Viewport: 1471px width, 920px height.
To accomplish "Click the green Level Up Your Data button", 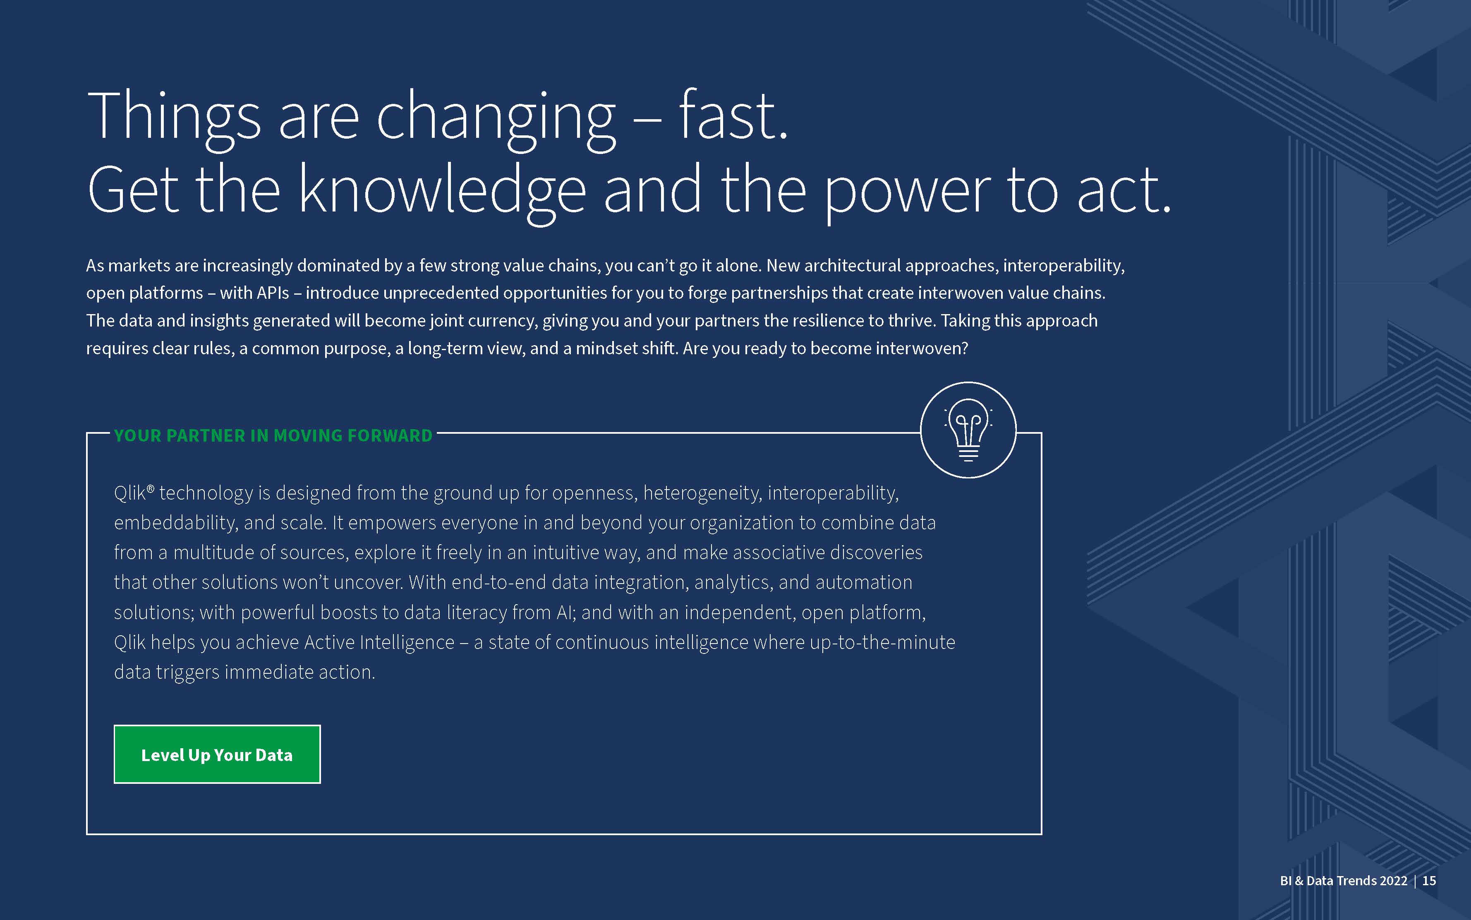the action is click(x=217, y=754).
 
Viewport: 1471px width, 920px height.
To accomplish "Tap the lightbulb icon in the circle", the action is click(x=968, y=430).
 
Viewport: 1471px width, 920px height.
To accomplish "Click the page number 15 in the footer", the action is click(x=1429, y=880).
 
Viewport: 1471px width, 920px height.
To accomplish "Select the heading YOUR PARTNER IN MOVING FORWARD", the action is click(x=273, y=436).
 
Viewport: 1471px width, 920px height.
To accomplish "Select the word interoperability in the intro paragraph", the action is click(x=1064, y=266).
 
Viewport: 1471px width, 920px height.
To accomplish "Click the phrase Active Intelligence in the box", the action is click(x=379, y=643).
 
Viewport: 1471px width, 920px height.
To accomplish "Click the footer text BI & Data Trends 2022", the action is click(x=1343, y=880).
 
